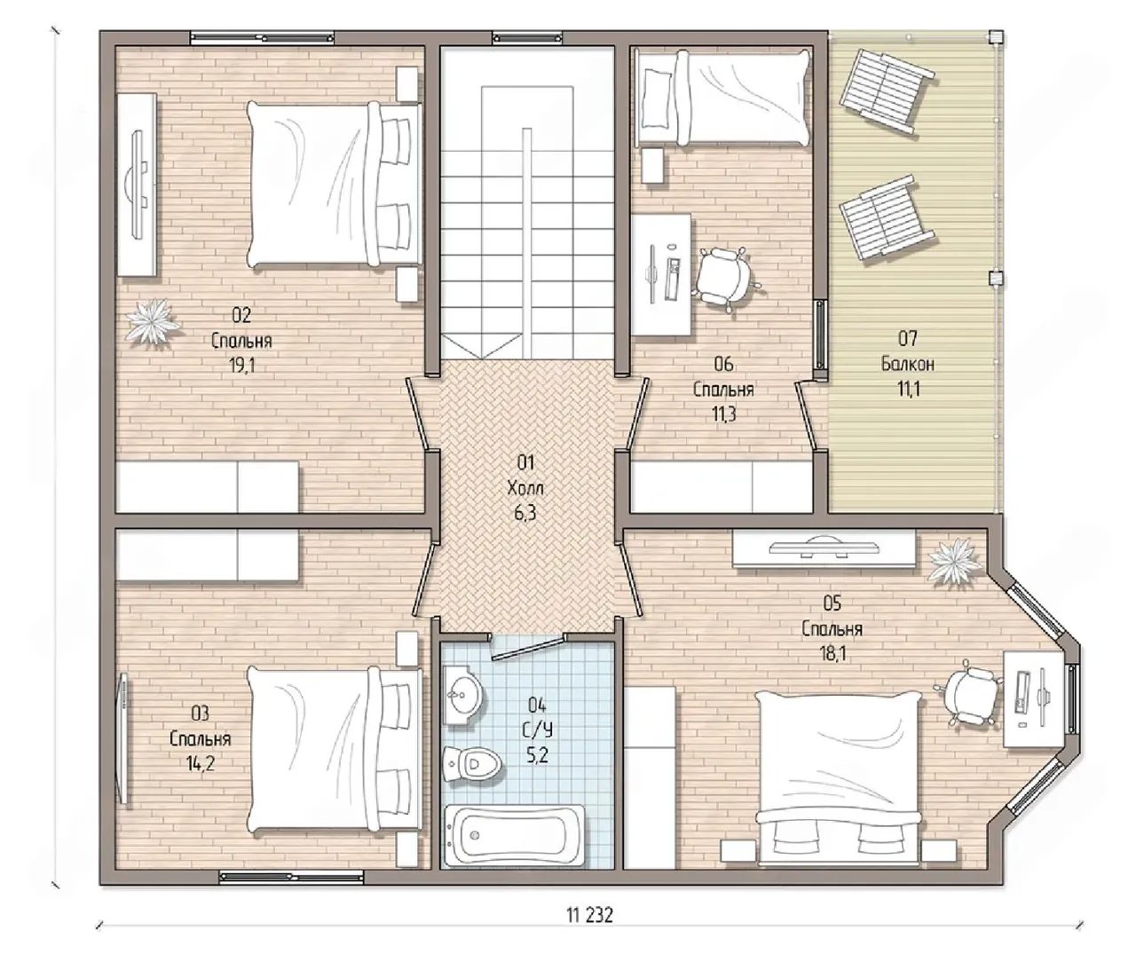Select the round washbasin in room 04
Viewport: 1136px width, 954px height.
pos(463,694)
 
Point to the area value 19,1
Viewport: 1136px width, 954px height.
pos(241,366)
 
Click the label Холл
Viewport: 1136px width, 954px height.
pos(525,487)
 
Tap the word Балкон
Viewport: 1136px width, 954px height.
pos(908,364)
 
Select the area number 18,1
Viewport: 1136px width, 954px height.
pos(832,653)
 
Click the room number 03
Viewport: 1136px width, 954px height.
pos(201,714)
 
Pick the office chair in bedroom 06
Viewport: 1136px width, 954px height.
pos(723,279)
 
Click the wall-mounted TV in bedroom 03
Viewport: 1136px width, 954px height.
pos(124,739)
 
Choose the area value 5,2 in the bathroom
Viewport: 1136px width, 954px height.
pos(536,755)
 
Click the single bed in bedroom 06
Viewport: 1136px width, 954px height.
pos(723,98)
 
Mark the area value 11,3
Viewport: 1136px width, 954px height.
pos(723,414)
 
